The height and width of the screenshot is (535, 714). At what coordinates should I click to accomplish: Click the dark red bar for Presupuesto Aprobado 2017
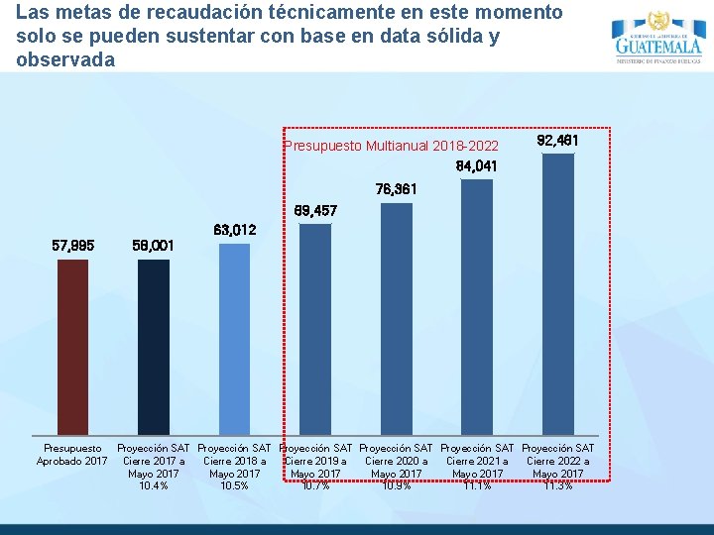click(x=72, y=347)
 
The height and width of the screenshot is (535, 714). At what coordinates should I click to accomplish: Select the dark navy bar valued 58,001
click(x=154, y=347)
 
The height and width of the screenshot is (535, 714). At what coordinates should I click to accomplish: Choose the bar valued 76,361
click(x=397, y=318)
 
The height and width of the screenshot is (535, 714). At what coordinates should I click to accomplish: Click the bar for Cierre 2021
click(x=477, y=306)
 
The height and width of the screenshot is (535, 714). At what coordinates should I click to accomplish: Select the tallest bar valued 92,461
click(x=558, y=293)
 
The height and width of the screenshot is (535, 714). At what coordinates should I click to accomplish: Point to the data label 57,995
click(x=72, y=245)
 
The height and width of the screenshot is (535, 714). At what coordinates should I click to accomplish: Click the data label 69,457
click(x=315, y=211)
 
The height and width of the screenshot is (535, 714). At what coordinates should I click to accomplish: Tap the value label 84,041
click(x=477, y=165)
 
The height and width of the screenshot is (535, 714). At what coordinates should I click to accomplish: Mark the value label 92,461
click(x=557, y=141)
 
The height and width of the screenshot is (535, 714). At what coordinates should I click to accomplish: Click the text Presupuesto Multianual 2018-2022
click(x=392, y=146)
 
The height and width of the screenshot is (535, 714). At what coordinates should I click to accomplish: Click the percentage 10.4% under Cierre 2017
click(x=154, y=485)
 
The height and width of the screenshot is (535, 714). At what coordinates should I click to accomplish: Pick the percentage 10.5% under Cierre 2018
click(x=235, y=485)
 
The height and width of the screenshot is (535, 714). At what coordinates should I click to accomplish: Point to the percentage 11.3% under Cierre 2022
click(x=558, y=485)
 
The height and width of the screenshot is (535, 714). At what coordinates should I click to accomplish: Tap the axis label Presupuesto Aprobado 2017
click(x=72, y=455)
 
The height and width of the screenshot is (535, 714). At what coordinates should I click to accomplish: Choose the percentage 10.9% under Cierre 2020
click(x=397, y=485)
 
